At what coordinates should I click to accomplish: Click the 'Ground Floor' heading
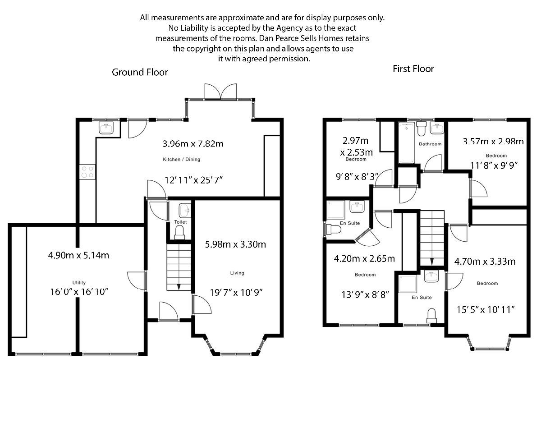tap(140, 72)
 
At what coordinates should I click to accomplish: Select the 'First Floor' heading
tap(413, 69)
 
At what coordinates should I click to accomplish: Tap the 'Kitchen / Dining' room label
tap(181, 160)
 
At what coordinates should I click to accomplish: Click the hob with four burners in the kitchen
tap(87, 172)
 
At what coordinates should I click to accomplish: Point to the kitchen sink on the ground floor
tap(108, 129)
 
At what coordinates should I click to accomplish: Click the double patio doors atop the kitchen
tap(220, 91)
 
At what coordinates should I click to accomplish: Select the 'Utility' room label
tap(79, 283)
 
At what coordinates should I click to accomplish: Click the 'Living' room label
tap(237, 273)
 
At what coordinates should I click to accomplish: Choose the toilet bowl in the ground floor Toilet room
tap(180, 232)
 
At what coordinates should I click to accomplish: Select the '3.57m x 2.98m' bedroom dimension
tap(493, 141)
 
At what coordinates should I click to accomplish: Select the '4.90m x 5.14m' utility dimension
tap(78, 255)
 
